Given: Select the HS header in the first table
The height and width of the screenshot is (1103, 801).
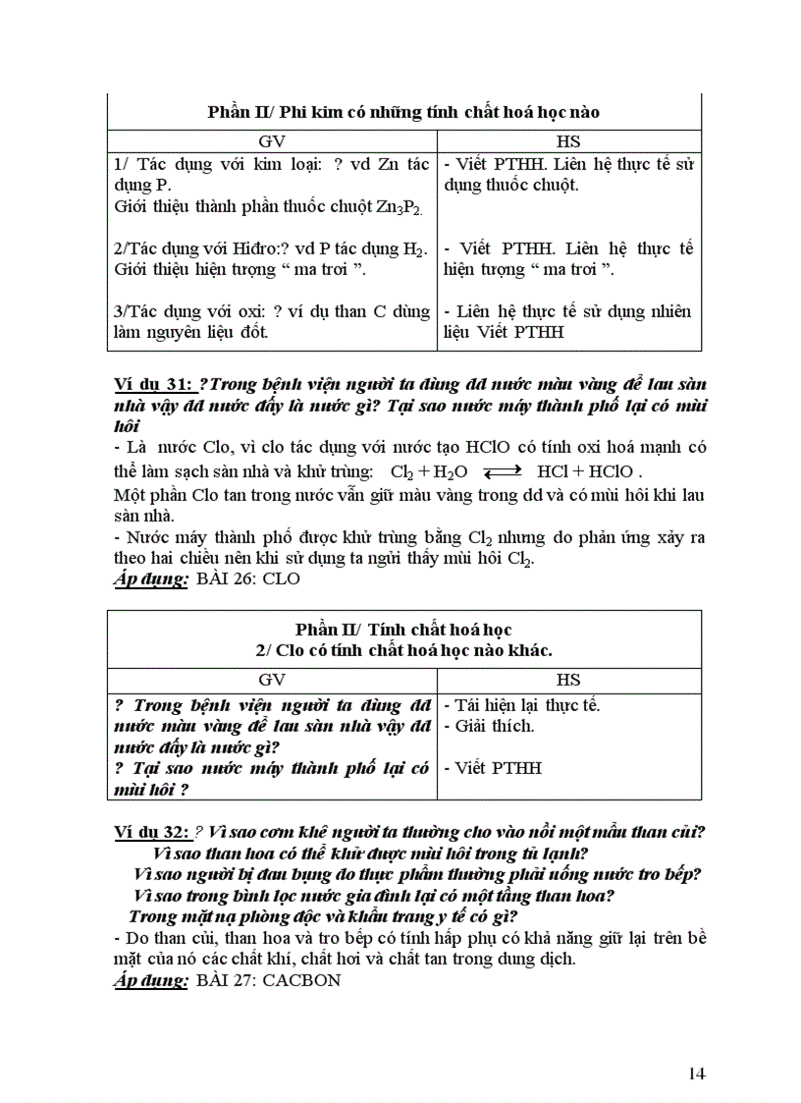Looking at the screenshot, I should click(x=568, y=140).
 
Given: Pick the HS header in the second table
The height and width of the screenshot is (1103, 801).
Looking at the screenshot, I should click(x=568, y=679).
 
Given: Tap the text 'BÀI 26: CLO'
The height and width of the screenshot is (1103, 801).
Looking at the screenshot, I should click(x=248, y=579).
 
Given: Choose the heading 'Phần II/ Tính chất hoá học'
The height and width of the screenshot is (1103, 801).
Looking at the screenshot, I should click(x=403, y=629).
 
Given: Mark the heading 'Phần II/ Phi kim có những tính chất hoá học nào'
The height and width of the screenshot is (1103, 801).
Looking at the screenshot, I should click(x=403, y=111).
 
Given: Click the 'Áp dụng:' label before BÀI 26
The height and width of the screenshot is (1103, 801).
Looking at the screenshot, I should click(x=150, y=579).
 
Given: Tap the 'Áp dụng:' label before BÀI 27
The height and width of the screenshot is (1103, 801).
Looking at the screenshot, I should click(x=150, y=980).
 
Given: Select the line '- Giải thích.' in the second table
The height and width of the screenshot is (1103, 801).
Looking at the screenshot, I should click(x=489, y=726).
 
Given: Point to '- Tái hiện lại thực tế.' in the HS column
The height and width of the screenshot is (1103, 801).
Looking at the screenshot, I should click(x=521, y=704).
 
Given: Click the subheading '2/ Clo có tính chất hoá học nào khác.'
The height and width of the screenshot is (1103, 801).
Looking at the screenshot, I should click(x=403, y=649).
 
